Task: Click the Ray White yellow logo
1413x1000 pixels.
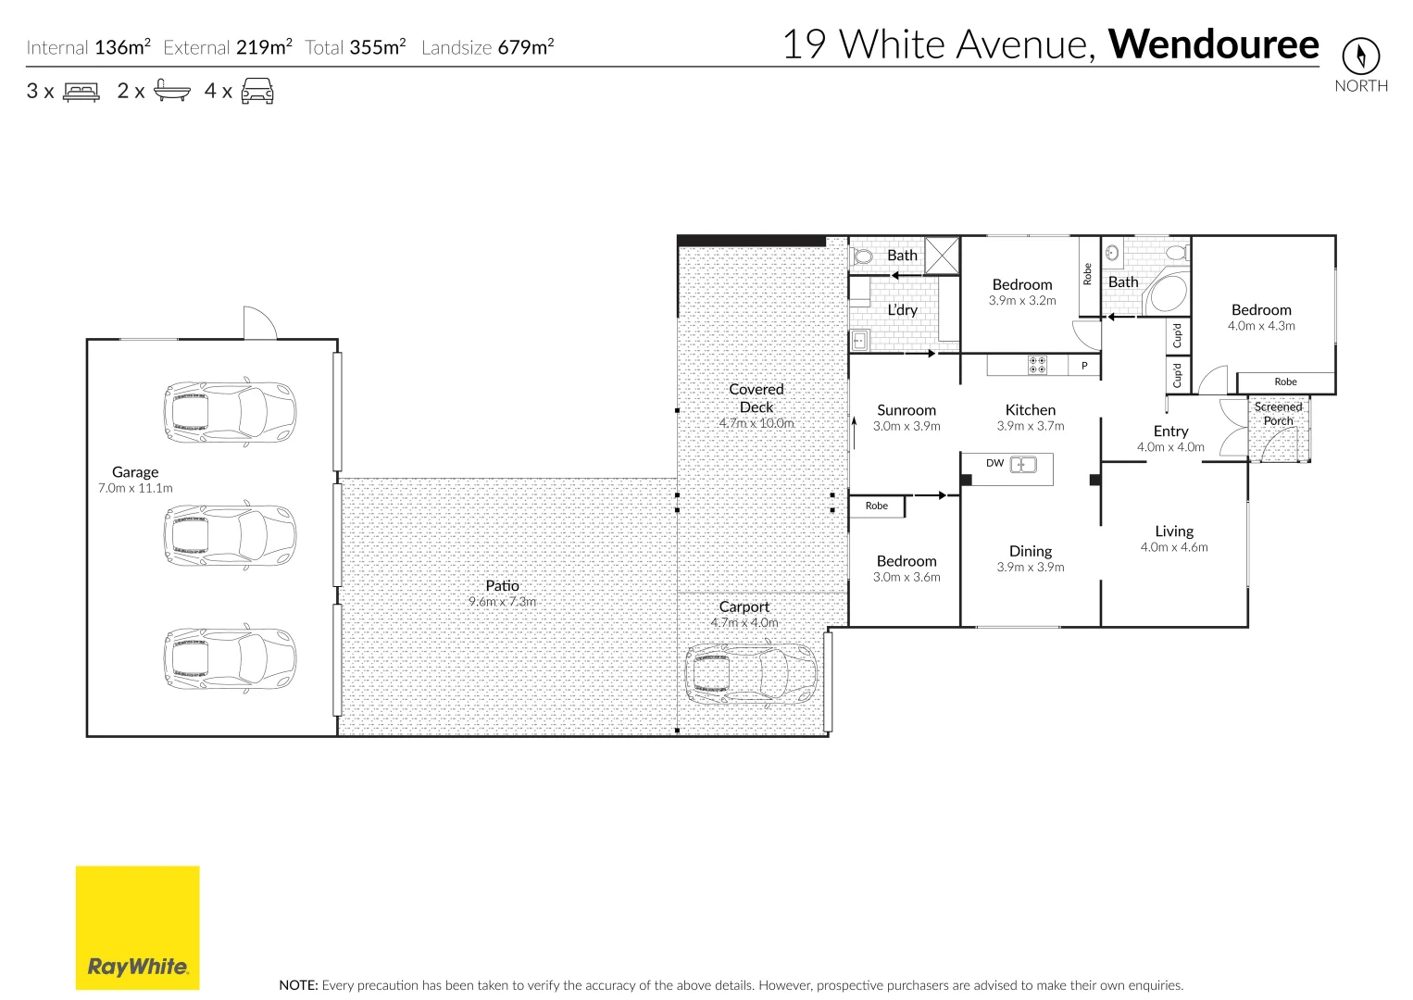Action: pyautogui.click(x=138, y=928)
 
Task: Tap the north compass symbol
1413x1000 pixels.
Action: pyautogui.click(x=1360, y=56)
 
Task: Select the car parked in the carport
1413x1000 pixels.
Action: pyautogui.click(x=751, y=673)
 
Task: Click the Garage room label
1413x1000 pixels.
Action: pyautogui.click(x=135, y=472)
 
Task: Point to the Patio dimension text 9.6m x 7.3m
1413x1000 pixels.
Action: pyautogui.click(x=502, y=602)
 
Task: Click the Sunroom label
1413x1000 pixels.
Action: pyautogui.click(x=907, y=410)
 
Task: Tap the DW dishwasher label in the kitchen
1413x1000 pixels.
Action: pyautogui.click(x=994, y=463)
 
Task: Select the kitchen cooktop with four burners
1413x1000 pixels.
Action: pyautogui.click(x=1037, y=365)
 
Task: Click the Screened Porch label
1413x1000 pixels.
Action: pyautogui.click(x=1278, y=414)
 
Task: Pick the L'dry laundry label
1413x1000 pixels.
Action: pyautogui.click(x=902, y=310)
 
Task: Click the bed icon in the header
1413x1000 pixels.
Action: pyautogui.click(x=81, y=92)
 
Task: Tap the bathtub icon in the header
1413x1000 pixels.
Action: pyautogui.click(x=171, y=90)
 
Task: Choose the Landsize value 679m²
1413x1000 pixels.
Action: pyautogui.click(x=526, y=47)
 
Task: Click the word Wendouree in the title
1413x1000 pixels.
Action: pyautogui.click(x=1213, y=44)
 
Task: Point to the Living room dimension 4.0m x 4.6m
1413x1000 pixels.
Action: pyautogui.click(x=1174, y=547)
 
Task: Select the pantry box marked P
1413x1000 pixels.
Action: pyautogui.click(x=1084, y=366)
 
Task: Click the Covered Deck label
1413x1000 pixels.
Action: pyautogui.click(x=757, y=398)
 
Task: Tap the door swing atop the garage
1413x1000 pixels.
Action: pyautogui.click(x=260, y=323)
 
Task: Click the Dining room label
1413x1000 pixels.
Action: pyautogui.click(x=1030, y=552)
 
